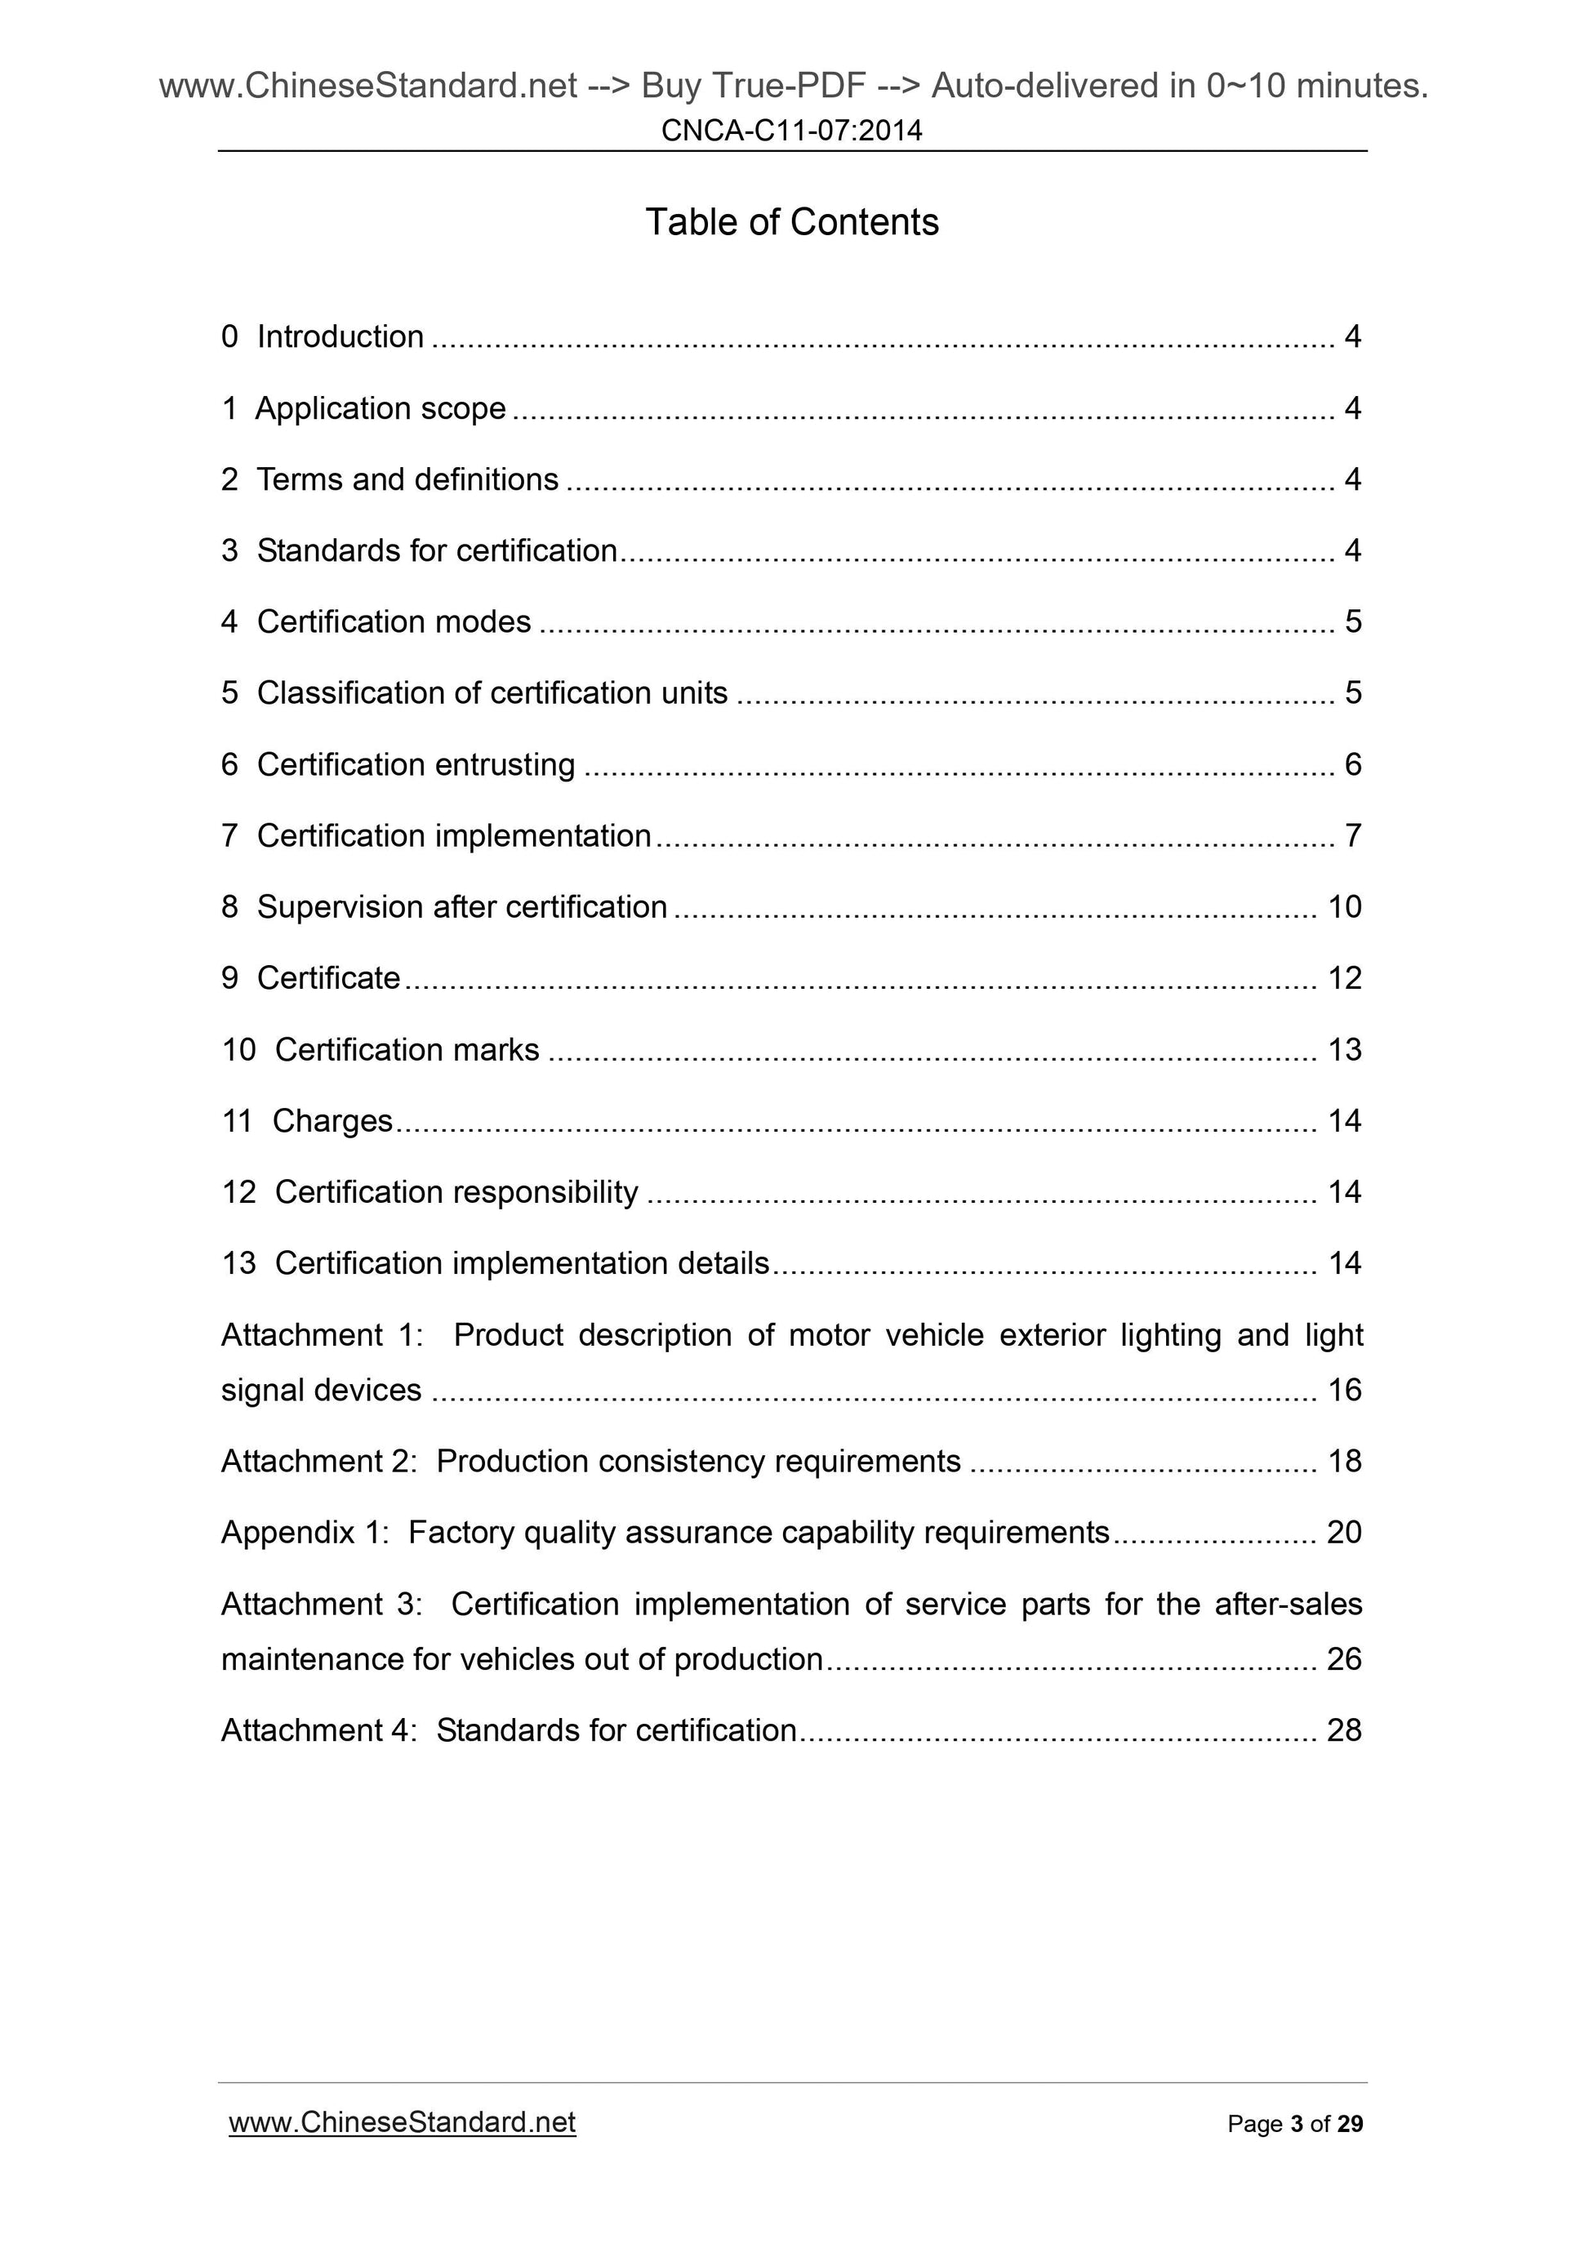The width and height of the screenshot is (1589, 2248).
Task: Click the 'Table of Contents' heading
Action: [791, 222]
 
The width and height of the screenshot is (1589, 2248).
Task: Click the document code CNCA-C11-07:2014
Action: [791, 130]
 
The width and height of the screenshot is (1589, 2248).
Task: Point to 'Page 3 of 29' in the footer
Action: [1294, 2124]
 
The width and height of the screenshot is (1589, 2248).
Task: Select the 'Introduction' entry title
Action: [340, 336]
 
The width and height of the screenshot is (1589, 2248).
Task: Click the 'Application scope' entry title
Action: [380, 408]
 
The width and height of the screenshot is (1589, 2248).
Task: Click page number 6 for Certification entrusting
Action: [1352, 764]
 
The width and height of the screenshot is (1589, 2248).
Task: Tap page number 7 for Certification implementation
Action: [1352, 836]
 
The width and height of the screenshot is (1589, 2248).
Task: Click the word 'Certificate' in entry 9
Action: [328, 978]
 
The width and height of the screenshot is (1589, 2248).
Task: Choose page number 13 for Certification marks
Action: [1344, 1049]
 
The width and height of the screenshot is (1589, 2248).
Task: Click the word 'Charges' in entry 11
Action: [332, 1121]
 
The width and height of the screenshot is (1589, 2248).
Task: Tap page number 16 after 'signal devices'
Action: [1344, 1391]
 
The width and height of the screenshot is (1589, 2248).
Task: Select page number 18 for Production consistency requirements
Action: [1344, 1462]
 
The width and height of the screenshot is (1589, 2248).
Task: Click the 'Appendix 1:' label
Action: [305, 1533]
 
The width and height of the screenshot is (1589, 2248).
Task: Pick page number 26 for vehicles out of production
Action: [1344, 1659]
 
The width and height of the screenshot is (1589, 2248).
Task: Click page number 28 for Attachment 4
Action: [1344, 1731]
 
